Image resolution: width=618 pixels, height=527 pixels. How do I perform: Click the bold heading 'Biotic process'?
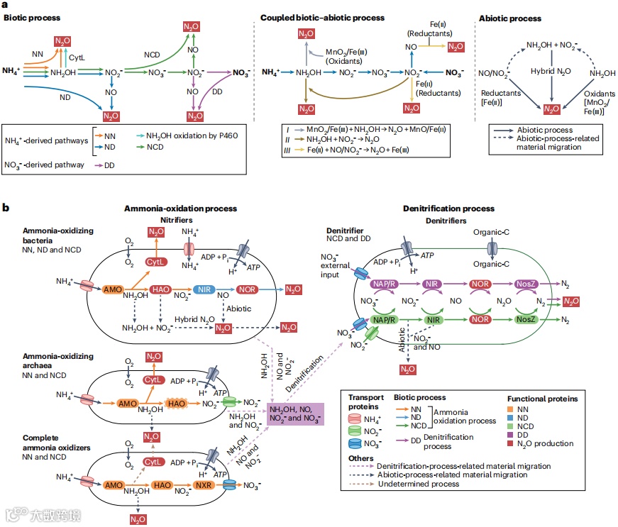(x=32, y=18)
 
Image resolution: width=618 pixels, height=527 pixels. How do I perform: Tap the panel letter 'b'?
(x=6, y=208)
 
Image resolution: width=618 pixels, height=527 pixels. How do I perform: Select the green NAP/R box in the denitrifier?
(x=384, y=320)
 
